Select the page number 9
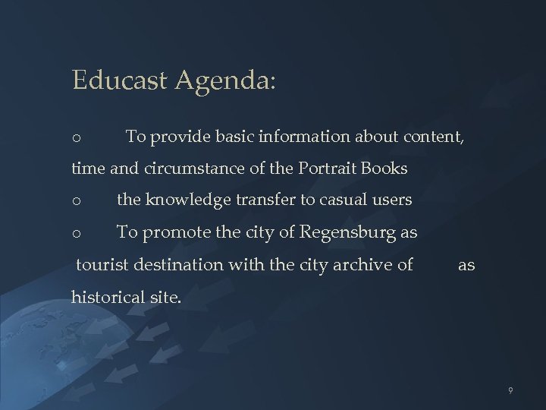click(x=511, y=390)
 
